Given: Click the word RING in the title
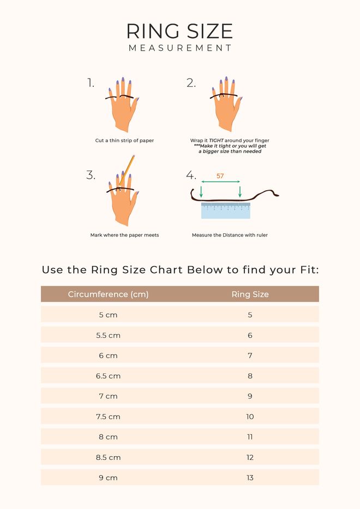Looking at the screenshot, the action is [x=153, y=31].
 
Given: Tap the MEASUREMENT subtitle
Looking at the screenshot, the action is [x=180, y=48].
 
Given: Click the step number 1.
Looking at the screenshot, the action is [x=91, y=83].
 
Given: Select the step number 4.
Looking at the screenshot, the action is [x=191, y=175].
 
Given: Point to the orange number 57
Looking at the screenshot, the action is [x=220, y=176].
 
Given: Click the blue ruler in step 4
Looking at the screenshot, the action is [x=226, y=210].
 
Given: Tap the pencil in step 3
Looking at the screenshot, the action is [x=127, y=171].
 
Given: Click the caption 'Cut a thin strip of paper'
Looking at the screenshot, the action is [x=124, y=141].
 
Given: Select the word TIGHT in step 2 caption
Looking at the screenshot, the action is [x=216, y=141].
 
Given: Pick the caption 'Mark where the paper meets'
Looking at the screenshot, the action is [x=124, y=235].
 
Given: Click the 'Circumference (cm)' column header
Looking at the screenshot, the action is [x=108, y=294].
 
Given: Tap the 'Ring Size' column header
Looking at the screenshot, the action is [x=250, y=294].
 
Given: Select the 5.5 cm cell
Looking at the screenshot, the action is [x=108, y=335].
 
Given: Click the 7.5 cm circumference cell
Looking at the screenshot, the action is [x=108, y=416].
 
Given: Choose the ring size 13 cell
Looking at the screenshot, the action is [x=250, y=477].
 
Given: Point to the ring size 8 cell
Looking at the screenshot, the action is [x=250, y=376].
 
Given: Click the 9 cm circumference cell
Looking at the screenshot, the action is [x=108, y=477].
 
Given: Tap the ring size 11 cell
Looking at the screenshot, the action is [x=250, y=437].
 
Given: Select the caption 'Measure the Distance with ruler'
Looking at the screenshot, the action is [x=230, y=235].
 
